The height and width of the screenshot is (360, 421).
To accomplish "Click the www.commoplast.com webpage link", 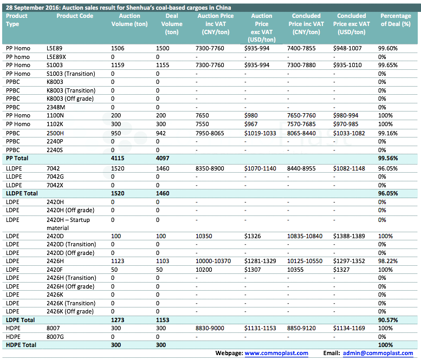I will [x=276, y=353].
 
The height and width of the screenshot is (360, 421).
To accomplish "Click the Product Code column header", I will [x=75, y=16].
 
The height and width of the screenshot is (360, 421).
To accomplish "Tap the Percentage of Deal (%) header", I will [x=396, y=20].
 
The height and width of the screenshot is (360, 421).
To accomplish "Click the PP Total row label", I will [x=17, y=158].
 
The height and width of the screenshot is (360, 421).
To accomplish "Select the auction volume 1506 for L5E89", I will [x=118, y=48].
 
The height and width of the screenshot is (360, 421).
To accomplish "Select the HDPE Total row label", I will [x=21, y=345].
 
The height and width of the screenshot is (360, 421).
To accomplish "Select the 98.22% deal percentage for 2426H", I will [x=388, y=261].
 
